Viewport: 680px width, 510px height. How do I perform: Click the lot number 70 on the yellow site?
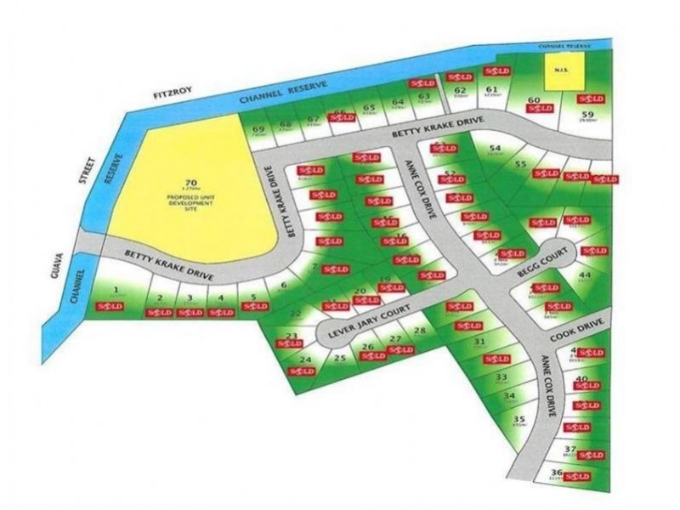pyautogui.click(x=190, y=182)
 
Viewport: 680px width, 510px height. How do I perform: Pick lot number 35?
pyautogui.click(x=520, y=418)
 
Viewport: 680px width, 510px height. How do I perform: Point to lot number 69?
pyautogui.click(x=258, y=128)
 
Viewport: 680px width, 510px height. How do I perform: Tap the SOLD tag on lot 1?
pyautogui.click(x=117, y=305)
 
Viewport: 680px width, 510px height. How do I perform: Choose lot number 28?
pyautogui.click(x=418, y=331)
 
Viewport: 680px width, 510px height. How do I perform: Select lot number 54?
pyautogui.click(x=495, y=149)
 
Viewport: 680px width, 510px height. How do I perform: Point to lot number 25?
pyautogui.click(x=340, y=358)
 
